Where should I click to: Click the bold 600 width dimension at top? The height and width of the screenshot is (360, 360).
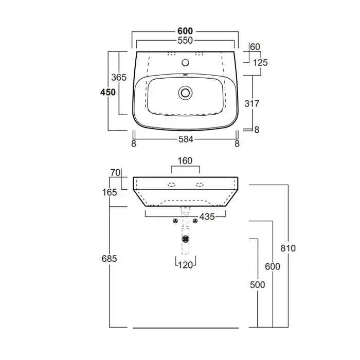tap(185, 31)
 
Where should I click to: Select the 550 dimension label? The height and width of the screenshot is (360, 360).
tap(185, 41)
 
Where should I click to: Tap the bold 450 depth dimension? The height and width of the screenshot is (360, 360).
tap(108, 92)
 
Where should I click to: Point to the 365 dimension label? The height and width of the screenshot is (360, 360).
tap(119, 77)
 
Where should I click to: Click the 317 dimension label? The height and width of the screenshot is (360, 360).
tap(252, 103)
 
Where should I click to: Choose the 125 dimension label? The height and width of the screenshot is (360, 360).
tap(260, 62)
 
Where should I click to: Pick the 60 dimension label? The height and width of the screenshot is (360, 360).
tap(255, 47)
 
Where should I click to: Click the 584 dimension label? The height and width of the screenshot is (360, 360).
tap(186, 139)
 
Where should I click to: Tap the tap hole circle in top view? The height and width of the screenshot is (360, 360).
tap(185, 62)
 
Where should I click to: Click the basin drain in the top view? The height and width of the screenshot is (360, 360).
tap(185, 93)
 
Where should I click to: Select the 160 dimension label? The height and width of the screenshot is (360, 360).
tap(185, 160)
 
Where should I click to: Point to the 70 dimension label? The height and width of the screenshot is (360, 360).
tap(115, 173)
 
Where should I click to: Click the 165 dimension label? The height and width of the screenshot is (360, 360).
tap(110, 192)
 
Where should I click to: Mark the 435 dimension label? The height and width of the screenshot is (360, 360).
tap(207, 217)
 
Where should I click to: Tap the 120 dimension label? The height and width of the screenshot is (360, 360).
tap(185, 265)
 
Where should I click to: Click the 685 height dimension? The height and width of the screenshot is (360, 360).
tap(109, 259)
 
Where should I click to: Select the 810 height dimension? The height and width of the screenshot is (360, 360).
tap(288, 248)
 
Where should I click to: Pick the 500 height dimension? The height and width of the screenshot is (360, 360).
tap(257, 285)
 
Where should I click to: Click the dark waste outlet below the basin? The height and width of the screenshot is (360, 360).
tap(185, 239)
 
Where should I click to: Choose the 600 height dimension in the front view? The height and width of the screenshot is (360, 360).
tap(273, 266)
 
